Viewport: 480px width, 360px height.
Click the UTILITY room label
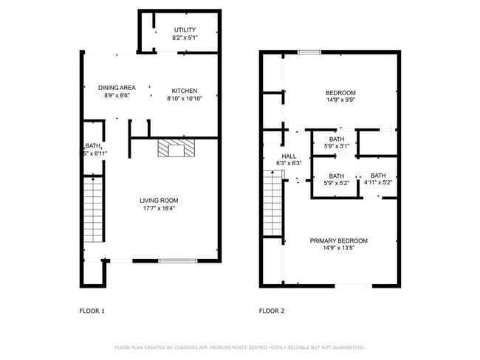tap(185, 30)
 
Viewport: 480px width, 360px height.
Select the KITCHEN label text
tap(184, 91)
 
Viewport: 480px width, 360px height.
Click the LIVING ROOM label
tap(159, 200)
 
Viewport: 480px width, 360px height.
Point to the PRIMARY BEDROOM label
tap(338, 240)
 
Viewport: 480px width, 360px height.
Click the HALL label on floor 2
tap(288, 156)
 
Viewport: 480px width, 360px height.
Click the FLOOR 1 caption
tap(92, 311)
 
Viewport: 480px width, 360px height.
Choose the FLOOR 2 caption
tap(272, 311)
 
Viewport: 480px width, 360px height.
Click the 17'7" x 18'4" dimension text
tap(159, 208)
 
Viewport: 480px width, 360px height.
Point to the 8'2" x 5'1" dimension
tap(185, 38)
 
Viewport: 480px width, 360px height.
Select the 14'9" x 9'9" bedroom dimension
tap(340, 100)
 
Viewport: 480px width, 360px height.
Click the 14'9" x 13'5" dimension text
tap(338, 249)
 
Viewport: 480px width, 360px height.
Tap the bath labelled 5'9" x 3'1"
tap(337, 143)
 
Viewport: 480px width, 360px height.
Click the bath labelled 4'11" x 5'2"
tap(378, 179)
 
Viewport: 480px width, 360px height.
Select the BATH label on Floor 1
tap(92, 146)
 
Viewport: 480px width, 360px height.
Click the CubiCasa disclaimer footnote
tap(239, 347)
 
